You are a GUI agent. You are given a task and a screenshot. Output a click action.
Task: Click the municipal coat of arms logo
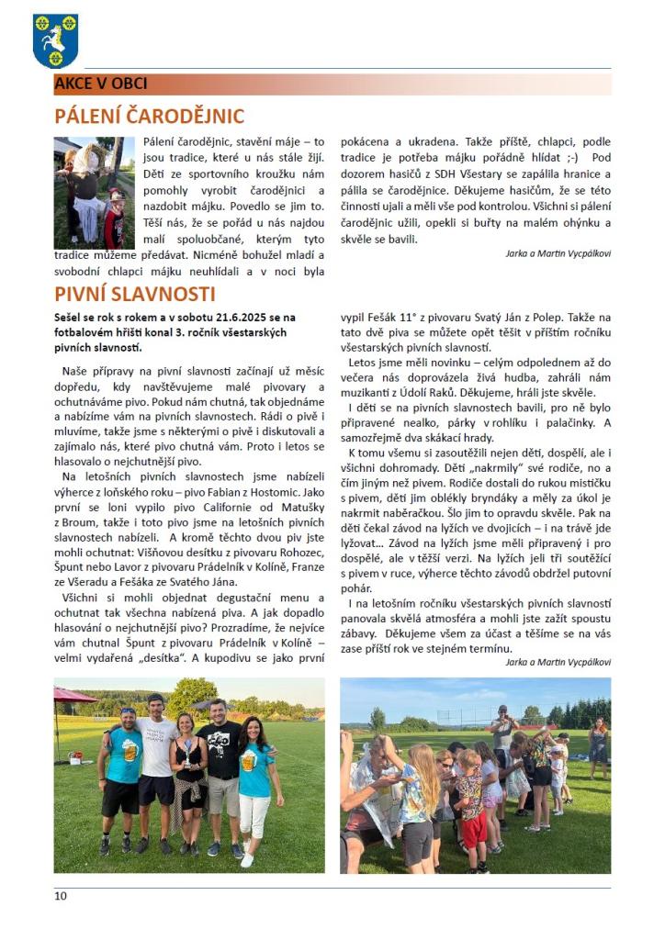pos(55,40)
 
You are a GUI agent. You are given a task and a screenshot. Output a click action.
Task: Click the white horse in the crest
pos(56,39)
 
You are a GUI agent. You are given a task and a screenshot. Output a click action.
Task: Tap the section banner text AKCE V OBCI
pos(101,84)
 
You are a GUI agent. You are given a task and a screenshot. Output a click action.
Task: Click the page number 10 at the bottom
pos(60,896)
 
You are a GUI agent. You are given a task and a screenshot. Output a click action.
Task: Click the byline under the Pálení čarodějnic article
pos(558,252)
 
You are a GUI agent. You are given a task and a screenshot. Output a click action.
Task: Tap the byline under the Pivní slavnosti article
pos(558,661)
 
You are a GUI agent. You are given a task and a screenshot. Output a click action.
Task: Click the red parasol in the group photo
pos(73,696)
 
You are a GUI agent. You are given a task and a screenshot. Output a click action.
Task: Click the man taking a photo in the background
pos(502,730)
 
